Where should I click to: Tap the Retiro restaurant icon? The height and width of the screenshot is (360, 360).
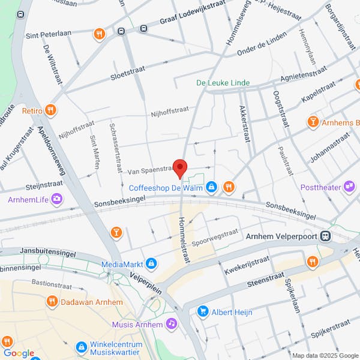click(51, 110)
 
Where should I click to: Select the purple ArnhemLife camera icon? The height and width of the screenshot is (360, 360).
click(57, 199)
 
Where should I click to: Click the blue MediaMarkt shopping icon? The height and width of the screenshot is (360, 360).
click(151, 263)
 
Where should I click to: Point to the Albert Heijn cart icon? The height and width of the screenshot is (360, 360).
click(203, 311)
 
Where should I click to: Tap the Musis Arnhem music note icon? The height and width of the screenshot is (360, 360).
click(172, 324)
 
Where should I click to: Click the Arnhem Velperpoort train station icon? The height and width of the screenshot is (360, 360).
click(326, 236)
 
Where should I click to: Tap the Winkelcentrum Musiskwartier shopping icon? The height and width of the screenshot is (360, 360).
click(82, 347)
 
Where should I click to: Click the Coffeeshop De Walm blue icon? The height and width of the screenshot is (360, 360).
click(211, 188)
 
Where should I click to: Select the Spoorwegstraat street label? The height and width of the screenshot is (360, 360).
click(214, 238)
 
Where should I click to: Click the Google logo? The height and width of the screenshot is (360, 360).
click(18, 353)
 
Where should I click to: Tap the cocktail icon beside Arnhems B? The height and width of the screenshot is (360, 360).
click(312, 122)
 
